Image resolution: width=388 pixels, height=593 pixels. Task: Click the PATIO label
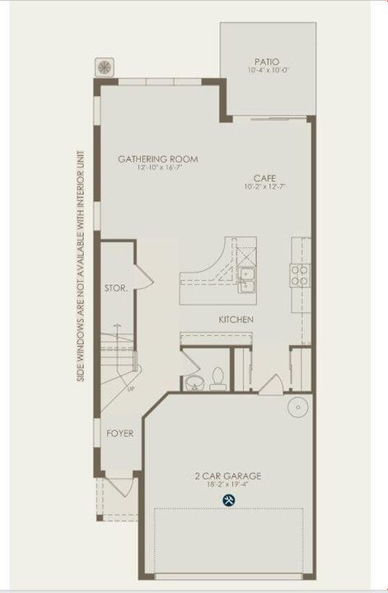click(x=266, y=62)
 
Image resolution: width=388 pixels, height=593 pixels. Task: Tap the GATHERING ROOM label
click(x=158, y=160)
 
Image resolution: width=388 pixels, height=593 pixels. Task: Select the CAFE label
click(x=264, y=178)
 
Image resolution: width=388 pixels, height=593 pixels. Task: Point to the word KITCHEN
click(x=236, y=320)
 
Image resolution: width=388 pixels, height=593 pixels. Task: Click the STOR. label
click(x=115, y=288)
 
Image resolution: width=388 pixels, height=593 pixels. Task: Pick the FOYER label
click(x=119, y=432)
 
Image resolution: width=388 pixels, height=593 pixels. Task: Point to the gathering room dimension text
click(x=158, y=169)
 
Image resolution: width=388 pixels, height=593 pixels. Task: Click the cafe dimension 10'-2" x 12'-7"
click(x=264, y=187)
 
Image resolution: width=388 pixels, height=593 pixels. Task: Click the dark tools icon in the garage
click(x=227, y=501)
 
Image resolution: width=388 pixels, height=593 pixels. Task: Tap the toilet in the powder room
click(x=217, y=378)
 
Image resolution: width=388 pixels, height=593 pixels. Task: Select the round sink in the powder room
click(x=195, y=381)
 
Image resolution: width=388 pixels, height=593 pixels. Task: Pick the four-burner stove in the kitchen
click(x=298, y=273)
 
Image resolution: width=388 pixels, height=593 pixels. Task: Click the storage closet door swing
click(x=142, y=278)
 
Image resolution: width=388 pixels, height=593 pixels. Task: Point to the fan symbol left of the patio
click(x=105, y=66)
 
